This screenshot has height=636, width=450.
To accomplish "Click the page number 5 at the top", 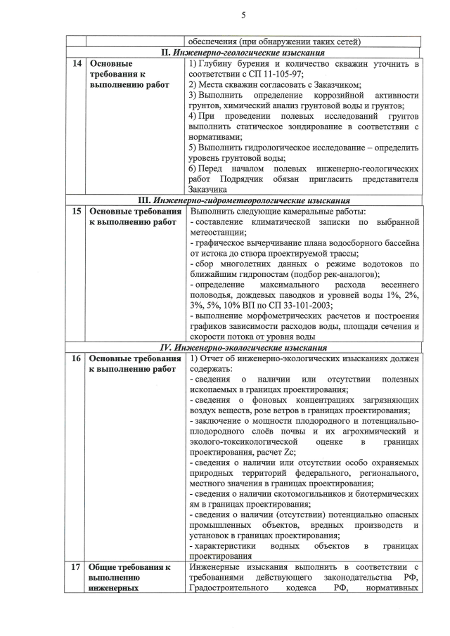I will pos(243,15).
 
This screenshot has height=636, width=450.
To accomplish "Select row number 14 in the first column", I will pos(77,64).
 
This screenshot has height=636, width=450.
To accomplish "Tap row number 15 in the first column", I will pos(77,210).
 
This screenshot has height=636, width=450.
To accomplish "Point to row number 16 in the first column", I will pos(77,358).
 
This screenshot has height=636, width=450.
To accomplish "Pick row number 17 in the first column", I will pos(77,567).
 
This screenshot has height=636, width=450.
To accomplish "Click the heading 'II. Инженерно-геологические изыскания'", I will pos(243,53).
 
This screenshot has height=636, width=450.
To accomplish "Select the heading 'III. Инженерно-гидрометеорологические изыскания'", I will pos(243,200).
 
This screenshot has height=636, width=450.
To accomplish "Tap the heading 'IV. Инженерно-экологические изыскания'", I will pos(243,347).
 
